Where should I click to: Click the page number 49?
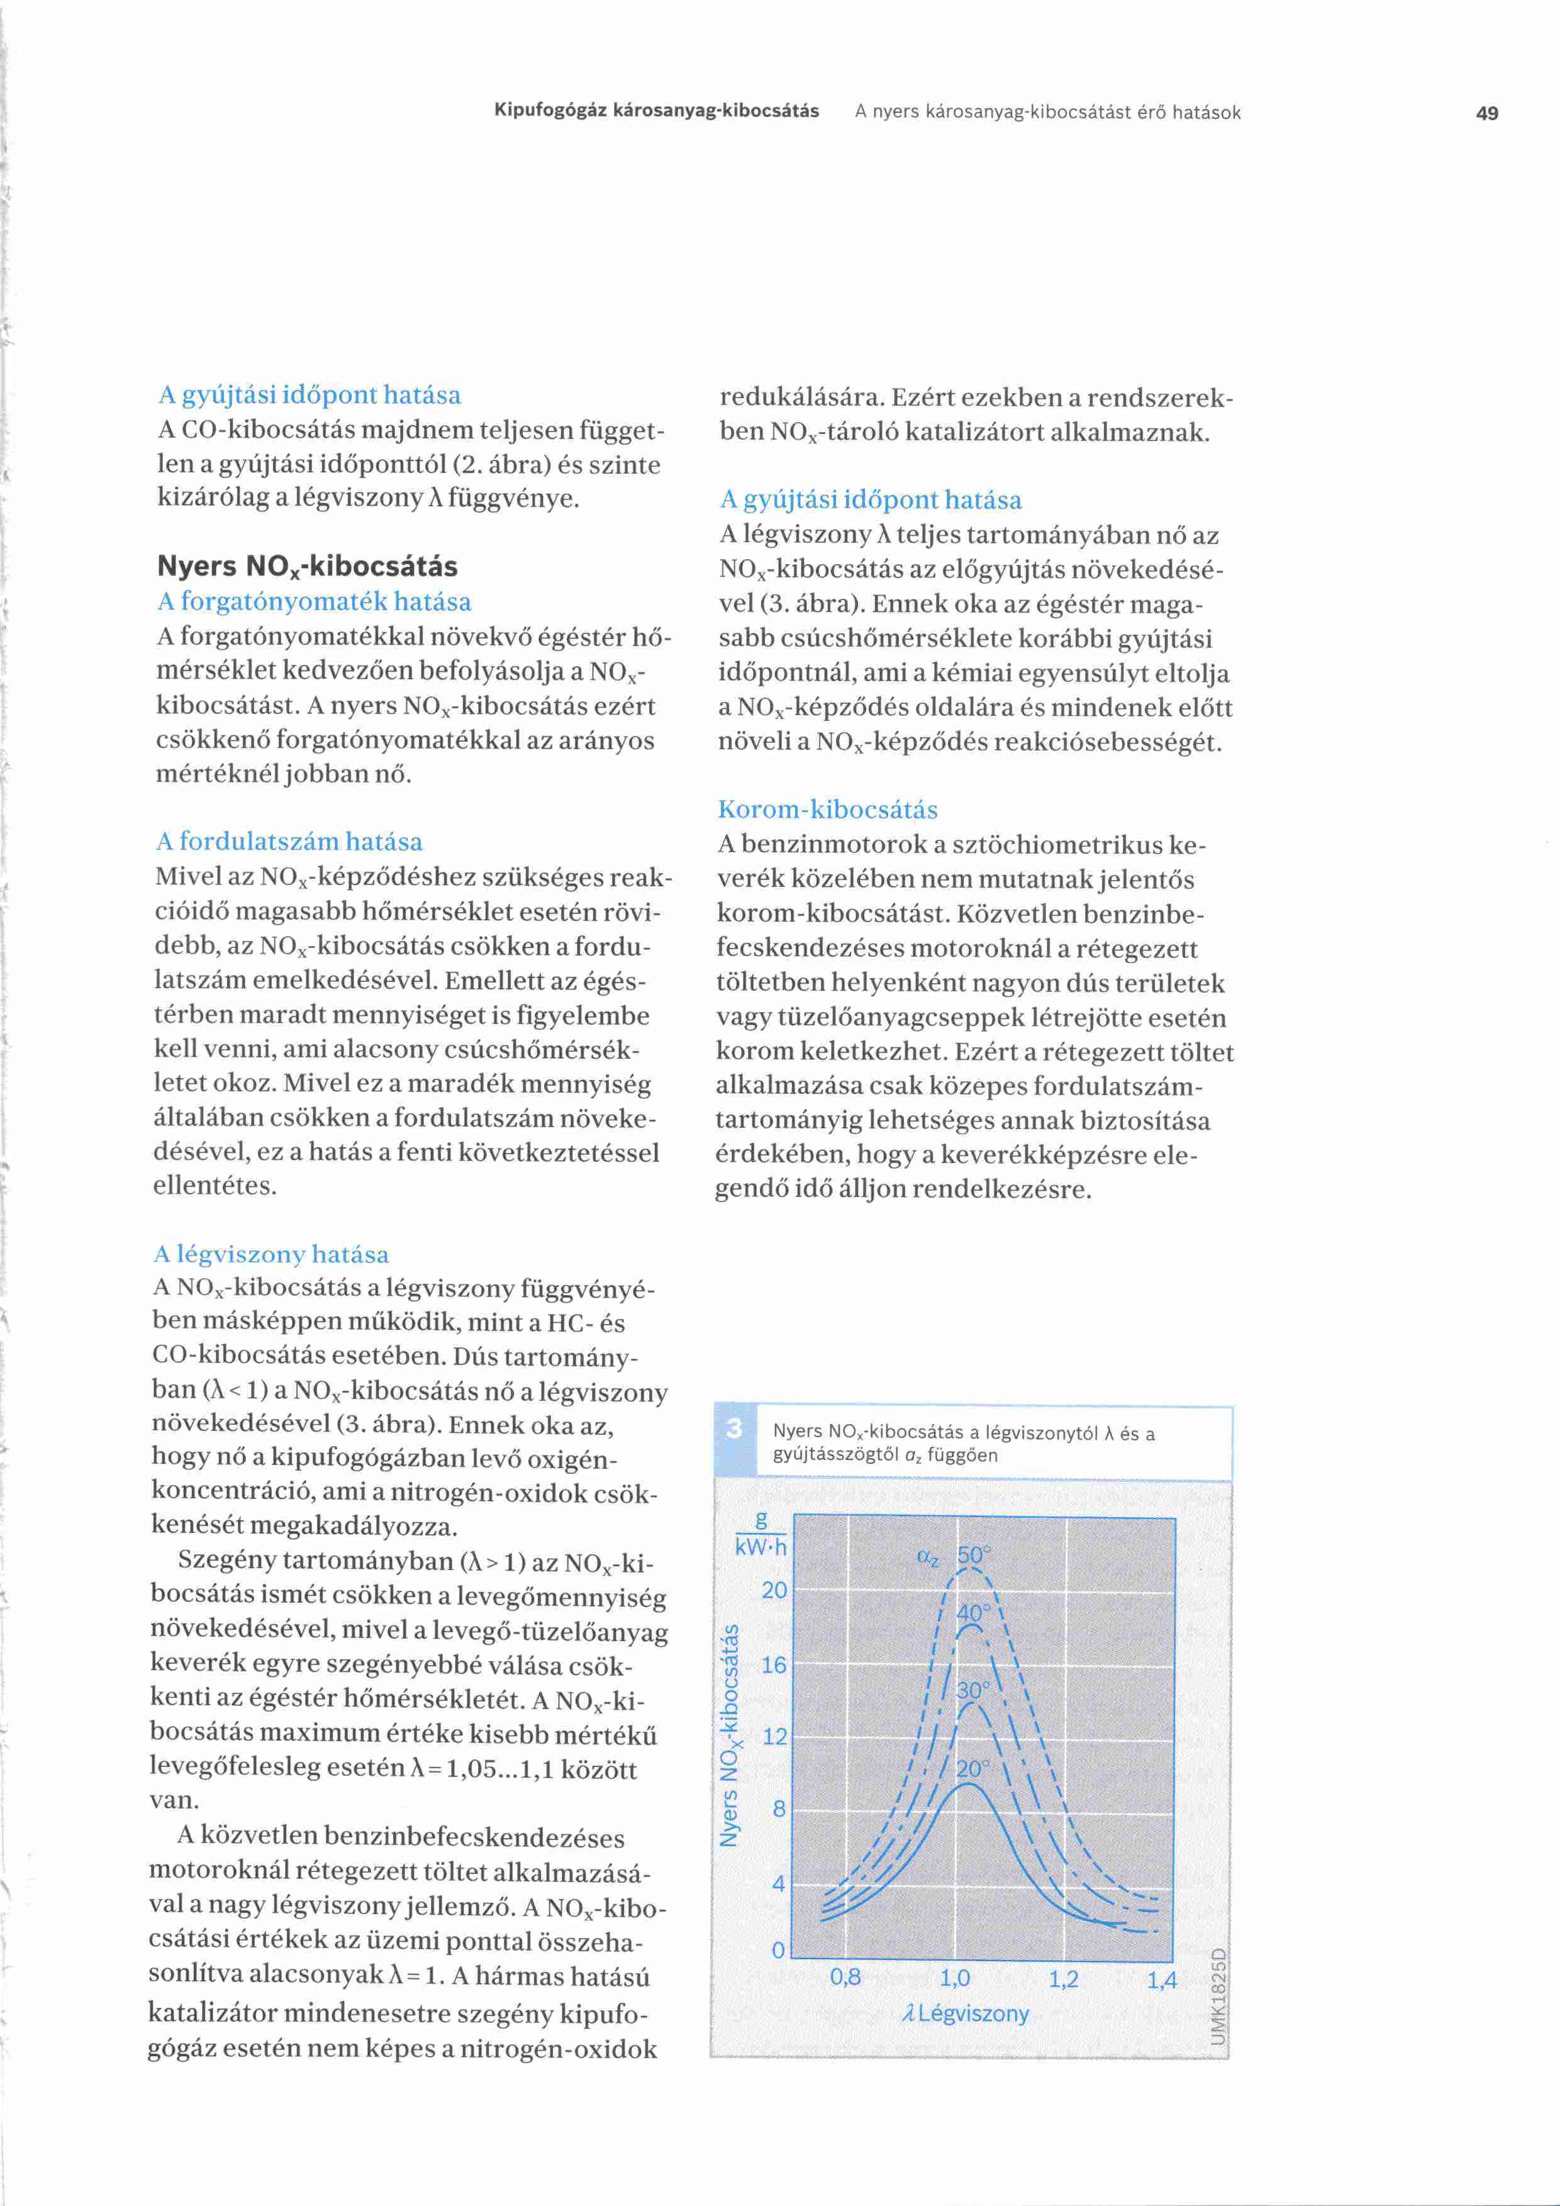pyautogui.click(x=1486, y=113)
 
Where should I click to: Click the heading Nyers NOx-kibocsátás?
pyautogui.click(x=306, y=566)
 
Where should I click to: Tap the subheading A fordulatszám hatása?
pyautogui.click(x=289, y=842)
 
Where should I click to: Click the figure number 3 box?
pyautogui.click(x=735, y=1429)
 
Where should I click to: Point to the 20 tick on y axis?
pyautogui.click(x=774, y=1590)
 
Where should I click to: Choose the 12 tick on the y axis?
pyautogui.click(x=774, y=1737)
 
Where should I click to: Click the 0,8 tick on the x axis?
pyautogui.click(x=845, y=1978)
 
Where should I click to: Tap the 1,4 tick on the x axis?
pyautogui.click(x=1161, y=1980)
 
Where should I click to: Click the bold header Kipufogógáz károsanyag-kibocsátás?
pyautogui.click(x=656, y=111)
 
